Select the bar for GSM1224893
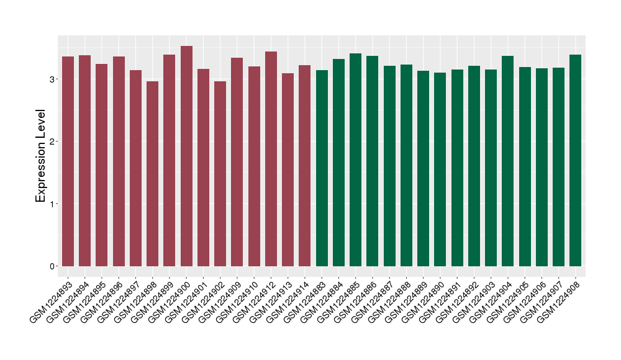click(x=68, y=161)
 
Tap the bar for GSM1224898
click(x=153, y=174)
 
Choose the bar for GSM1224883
click(x=322, y=168)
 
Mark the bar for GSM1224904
click(x=508, y=161)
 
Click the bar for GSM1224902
click(x=220, y=174)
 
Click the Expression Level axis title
click(x=41, y=156)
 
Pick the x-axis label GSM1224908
click(x=559, y=298)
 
